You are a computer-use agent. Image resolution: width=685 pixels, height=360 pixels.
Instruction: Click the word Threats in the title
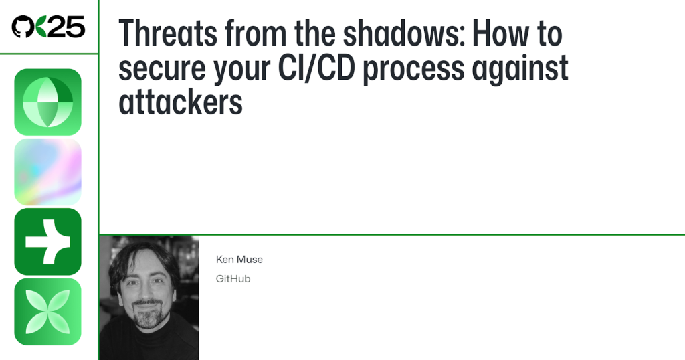click(x=168, y=33)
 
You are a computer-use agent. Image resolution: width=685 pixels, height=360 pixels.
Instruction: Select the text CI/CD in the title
click(x=316, y=68)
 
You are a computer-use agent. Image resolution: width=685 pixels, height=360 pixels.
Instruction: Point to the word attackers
click(x=181, y=102)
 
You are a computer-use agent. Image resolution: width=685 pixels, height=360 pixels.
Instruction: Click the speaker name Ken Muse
click(x=239, y=260)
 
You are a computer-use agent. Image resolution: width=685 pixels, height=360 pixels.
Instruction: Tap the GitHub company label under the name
click(x=233, y=279)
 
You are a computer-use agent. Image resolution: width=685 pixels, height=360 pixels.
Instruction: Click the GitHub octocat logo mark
click(x=23, y=27)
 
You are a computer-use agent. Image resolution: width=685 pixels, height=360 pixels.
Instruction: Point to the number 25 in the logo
click(x=66, y=27)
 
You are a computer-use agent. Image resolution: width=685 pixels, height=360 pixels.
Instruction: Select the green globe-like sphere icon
click(x=47, y=102)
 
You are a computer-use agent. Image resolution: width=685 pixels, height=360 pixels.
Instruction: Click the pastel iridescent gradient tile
click(x=47, y=172)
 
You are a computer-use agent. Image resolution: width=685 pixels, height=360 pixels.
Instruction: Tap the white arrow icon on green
click(x=47, y=242)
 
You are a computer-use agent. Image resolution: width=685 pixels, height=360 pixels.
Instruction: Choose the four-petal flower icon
click(x=47, y=312)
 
